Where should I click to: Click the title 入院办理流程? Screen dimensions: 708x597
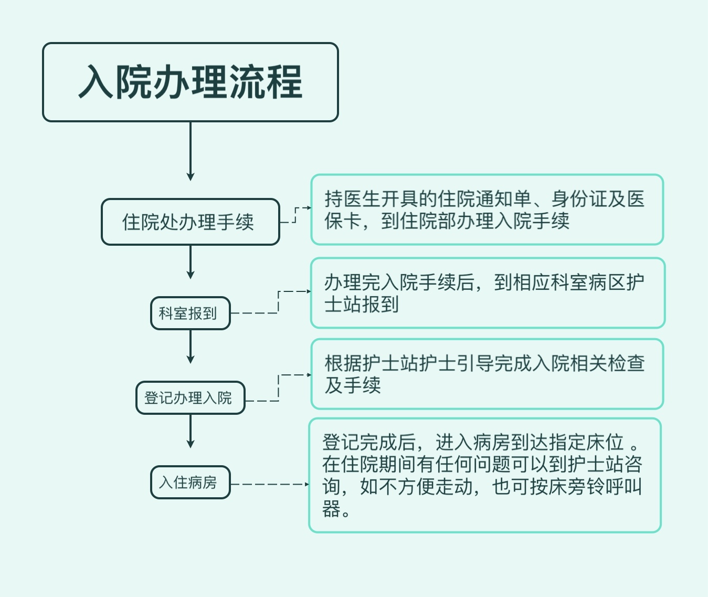pyautogui.click(x=191, y=82)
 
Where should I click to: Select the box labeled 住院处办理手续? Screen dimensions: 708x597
pyautogui.click(x=191, y=222)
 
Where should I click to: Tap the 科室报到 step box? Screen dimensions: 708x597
pyautogui.click(x=191, y=313)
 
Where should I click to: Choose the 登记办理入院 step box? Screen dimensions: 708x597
pyautogui.click(x=191, y=397)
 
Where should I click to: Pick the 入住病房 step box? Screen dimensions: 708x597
pyautogui.click(x=191, y=482)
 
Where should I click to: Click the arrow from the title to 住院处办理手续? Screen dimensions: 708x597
pyautogui.click(x=191, y=151)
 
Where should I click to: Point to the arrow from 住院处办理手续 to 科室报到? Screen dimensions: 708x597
pyautogui.click(x=191, y=262)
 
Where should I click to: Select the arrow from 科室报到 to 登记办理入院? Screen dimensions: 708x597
pyautogui.click(x=191, y=347)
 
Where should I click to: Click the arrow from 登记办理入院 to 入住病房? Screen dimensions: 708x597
pyautogui.click(x=191, y=431)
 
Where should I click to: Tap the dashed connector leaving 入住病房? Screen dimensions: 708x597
pyautogui.click(x=270, y=485)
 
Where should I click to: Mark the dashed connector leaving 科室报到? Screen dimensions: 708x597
pyautogui.click(x=278, y=302)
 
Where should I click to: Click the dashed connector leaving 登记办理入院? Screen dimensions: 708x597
pyautogui.click(x=279, y=387)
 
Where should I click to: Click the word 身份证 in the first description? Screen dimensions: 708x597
pyautogui.click(x=579, y=199)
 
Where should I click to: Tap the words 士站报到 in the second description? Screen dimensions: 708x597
pyautogui.click(x=362, y=304)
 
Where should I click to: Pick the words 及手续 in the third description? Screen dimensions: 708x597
pyautogui.click(x=353, y=385)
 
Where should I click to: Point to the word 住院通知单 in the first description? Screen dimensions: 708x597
pyautogui.click(x=484, y=199)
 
